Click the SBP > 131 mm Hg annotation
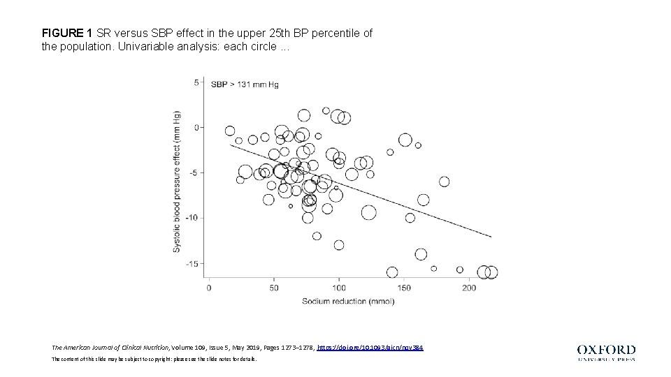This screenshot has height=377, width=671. coord(245,84)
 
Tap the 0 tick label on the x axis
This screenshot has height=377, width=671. coord(209,288)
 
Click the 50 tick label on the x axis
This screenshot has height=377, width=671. coord(273,288)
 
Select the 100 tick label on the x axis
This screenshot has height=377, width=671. coord(338,288)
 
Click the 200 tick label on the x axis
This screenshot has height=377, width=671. coord(468,288)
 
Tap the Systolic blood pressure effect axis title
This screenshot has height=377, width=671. coord(177,182)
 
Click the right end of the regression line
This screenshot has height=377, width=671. coord(491,237)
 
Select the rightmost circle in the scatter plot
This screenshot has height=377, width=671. coord(491,272)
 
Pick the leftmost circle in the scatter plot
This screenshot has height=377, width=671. coord(230,131)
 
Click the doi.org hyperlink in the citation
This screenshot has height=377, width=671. coord(370,347)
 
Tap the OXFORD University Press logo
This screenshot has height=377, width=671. coord(606,353)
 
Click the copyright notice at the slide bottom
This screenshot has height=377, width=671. coord(154,359)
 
